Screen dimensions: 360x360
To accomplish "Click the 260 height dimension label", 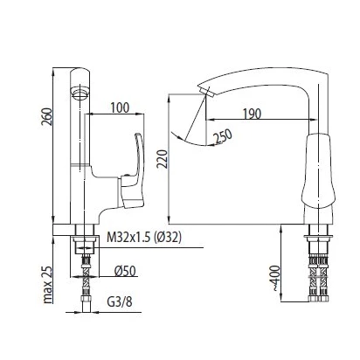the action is click(x=47, y=116).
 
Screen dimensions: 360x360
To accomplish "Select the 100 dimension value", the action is click(x=120, y=107).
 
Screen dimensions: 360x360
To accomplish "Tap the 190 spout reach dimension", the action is click(x=253, y=114).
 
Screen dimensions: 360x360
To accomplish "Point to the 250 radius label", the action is click(x=223, y=136).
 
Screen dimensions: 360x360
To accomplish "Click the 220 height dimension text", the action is click(x=163, y=159).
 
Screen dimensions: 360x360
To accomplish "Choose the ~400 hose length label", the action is click(x=274, y=278).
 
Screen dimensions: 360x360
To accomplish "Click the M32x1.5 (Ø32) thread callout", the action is click(x=144, y=238).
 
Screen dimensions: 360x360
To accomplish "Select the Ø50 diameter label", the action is click(x=125, y=271).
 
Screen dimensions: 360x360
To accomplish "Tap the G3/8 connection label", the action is click(x=120, y=301).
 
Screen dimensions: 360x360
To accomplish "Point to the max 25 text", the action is click(x=47, y=285).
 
